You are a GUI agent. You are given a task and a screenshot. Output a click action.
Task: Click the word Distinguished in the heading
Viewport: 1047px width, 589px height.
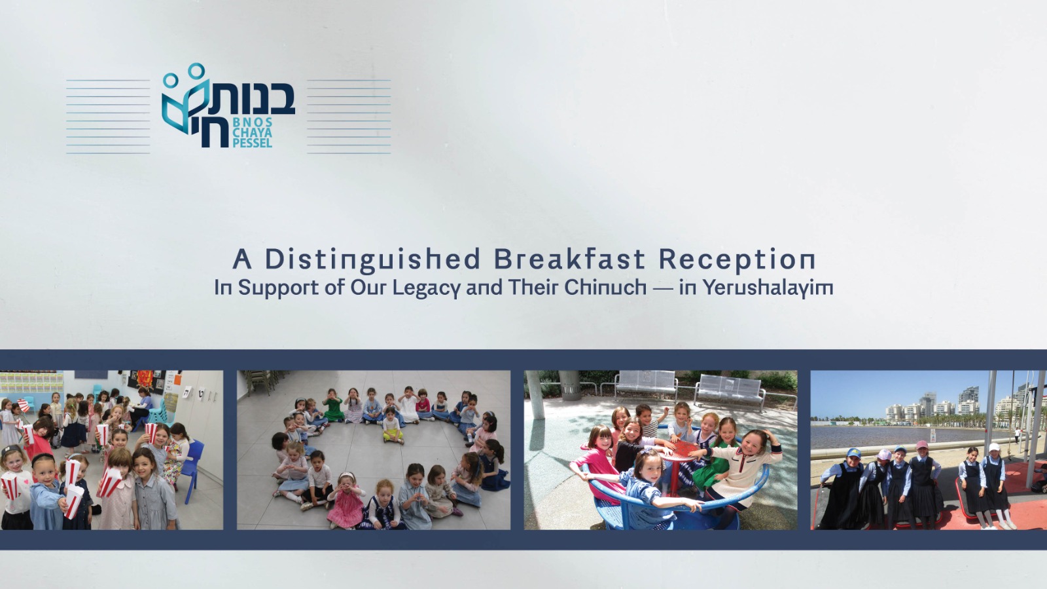pyautogui.click(x=372, y=260)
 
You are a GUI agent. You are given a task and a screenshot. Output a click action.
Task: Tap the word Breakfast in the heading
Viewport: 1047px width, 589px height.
pyautogui.click(x=569, y=259)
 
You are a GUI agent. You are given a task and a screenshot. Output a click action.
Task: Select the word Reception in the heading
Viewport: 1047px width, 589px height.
pyautogui.click(x=737, y=260)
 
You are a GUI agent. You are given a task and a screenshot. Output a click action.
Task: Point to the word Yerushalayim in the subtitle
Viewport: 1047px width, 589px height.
pyautogui.click(x=768, y=288)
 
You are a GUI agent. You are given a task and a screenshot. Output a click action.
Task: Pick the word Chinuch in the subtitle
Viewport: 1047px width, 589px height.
pyautogui.click(x=605, y=287)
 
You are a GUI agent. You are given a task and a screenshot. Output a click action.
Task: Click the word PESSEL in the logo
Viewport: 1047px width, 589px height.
pyautogui.click(x=253, y=143)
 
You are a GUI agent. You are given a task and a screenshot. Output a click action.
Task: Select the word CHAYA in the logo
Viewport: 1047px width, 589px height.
pyautogui.click(x=253, y=132)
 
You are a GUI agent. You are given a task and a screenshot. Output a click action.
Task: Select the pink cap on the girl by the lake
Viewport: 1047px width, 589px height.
pyautogui.click(x=922, y=444)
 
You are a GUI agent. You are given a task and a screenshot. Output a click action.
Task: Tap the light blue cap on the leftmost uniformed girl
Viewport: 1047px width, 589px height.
pyautogui.click(x=854, y=452)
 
